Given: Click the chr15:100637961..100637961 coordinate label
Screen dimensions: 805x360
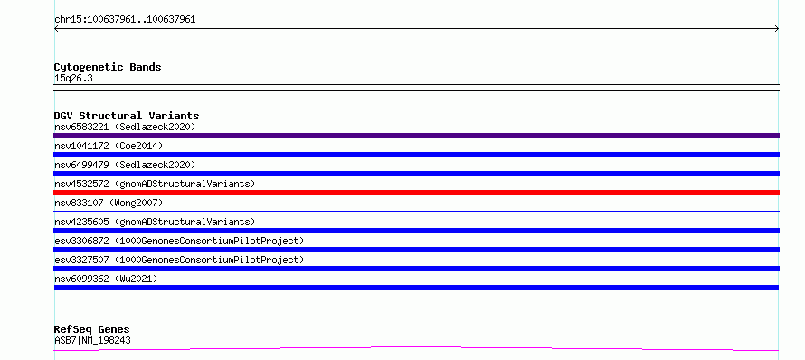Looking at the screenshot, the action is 125,20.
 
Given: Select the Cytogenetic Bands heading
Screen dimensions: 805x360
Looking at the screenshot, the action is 108,67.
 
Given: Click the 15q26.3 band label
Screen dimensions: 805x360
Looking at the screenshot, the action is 73,79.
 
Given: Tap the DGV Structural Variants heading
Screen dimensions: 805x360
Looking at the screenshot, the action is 127,116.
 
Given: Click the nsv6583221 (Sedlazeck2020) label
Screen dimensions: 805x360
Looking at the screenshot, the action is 125,127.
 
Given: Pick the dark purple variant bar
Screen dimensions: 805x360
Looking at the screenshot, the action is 416,136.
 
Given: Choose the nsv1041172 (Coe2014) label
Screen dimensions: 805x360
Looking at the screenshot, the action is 109,146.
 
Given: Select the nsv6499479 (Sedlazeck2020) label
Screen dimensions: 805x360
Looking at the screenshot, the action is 125,165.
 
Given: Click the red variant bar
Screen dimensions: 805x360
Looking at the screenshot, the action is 416,193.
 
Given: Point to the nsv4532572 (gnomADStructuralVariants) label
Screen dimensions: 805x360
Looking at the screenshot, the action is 155,184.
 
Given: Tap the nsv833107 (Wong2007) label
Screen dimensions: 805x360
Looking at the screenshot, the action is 109,203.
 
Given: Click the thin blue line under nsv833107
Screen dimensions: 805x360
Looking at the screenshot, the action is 416,211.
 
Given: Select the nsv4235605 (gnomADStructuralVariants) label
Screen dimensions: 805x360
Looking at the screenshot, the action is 155,222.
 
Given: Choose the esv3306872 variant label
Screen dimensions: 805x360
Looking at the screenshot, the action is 179,241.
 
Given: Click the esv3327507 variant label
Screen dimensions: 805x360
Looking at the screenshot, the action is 179,260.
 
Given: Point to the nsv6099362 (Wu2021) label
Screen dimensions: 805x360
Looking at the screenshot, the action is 106,279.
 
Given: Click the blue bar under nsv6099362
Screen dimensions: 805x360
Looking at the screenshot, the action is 416,288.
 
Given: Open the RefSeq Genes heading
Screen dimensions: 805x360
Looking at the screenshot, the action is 92,329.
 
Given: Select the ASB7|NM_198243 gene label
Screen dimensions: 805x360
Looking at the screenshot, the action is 92,340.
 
